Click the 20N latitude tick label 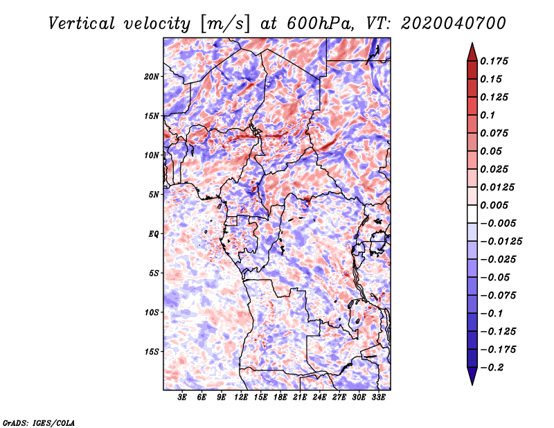point(152,77)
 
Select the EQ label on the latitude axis point(153,234)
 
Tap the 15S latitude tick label point(152,352)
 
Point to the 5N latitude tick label point(154,195)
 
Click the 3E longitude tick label point(182,398)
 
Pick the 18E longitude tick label point(280,398)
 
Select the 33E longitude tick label point(378,398)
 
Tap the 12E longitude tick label point(241,398)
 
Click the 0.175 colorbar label point(494,61)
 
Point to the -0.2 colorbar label point(492,368)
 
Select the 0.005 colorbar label point(494,205)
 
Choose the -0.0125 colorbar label point(501,242)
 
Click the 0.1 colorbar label point(488,115)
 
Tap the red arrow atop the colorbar point(472,53)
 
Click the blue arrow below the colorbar point(472,376)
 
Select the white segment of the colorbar point(472,214)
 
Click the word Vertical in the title point(82,24)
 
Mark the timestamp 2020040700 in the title point(454,24)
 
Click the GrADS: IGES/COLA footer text point(39,422)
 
